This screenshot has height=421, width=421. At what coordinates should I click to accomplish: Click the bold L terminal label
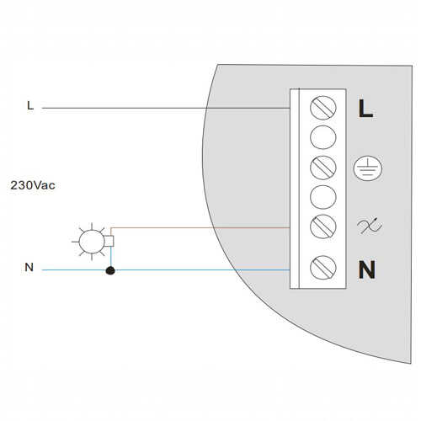(x=365, y=109)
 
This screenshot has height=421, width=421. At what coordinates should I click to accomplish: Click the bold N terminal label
(x=366, y=269)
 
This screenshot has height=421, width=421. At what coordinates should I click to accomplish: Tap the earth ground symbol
(x=368, y=168)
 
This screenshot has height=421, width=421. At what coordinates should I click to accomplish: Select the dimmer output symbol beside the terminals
(x=369, y=226)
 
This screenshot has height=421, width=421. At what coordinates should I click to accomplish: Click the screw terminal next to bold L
(x=323, y=108)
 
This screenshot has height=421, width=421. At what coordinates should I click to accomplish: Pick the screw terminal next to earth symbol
(x=323, y=168)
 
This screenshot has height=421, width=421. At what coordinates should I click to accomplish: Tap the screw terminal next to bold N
(x=323, y=268)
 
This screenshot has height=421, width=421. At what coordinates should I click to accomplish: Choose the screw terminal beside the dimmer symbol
(x=323, y=226)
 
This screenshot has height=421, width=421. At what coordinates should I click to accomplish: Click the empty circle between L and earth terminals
(x=323, y=137)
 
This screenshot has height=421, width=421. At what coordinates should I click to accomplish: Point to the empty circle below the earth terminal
(x=323, y=197)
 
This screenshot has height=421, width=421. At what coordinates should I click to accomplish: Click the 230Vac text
(x=33, y=185)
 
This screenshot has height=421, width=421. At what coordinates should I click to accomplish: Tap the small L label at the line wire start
(x=30, y=105)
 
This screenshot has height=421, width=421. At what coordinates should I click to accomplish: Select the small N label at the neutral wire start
(x=29, y=267)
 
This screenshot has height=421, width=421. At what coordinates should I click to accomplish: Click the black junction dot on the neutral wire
(x=110, y=270)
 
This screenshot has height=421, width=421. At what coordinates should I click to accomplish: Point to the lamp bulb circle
(x=92, y=242)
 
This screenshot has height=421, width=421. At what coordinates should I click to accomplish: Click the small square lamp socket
(x=109, y=241)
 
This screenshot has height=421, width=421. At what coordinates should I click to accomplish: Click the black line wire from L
(x=166, y=108)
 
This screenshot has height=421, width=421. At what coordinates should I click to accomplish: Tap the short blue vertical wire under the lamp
(x=111, y=256)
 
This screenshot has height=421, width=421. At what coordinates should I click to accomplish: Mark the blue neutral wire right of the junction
(x=202, y=270)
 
